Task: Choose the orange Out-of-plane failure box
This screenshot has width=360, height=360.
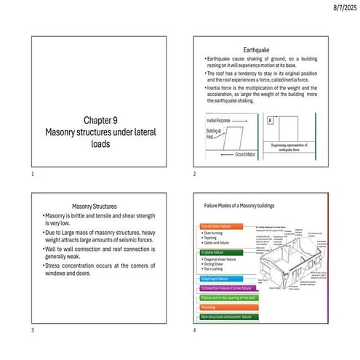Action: (x=215, y=227)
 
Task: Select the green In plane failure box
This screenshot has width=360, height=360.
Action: (x=215, y=252)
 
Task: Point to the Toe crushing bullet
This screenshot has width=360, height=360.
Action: (x=215, y=268)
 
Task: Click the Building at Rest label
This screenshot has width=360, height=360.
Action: (x=208, y=134)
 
